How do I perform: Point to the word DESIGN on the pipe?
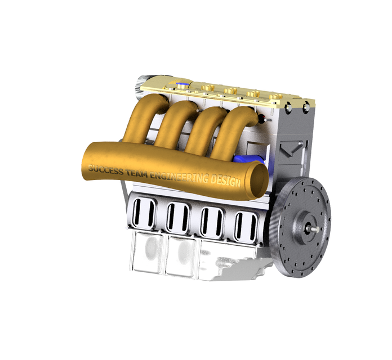point(224,182)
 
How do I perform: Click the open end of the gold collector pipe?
point(258,181)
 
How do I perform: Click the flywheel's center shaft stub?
point(311,228)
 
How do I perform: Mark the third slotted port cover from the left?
point(211,221)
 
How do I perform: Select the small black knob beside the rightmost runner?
point(261,119)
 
